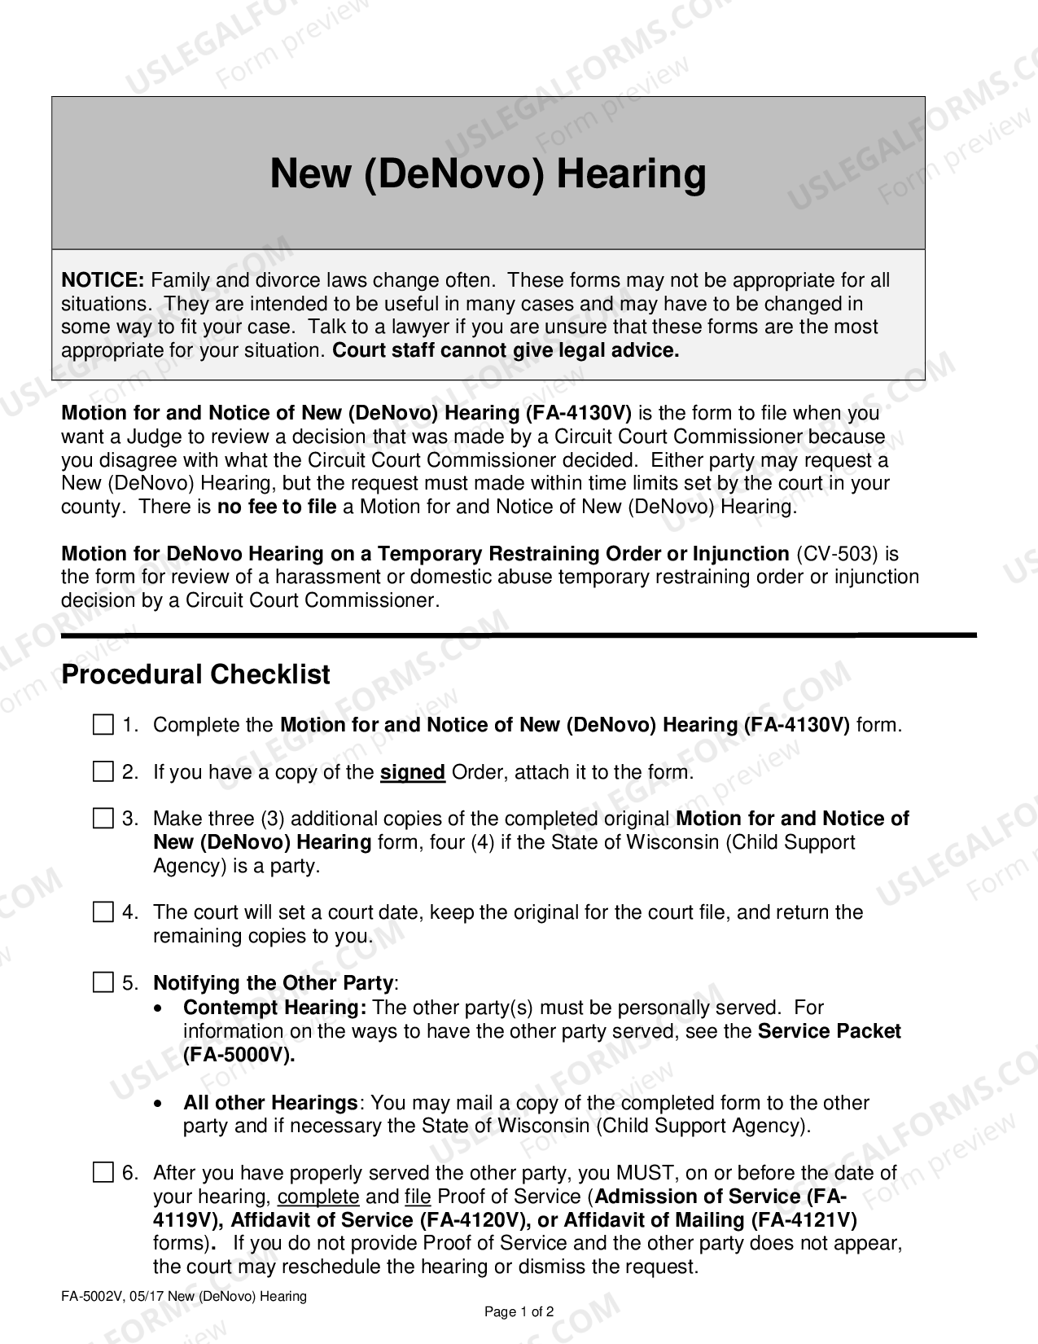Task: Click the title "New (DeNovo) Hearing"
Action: pos(488,173)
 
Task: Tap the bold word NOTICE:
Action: pos(103,280)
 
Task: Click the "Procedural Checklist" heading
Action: pos(195,674)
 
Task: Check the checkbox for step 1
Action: pos(103,725)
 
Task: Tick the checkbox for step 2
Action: pos(103,771)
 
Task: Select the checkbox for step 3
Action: pos(103,819)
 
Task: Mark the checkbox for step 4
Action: pos(103,912)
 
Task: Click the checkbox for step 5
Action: pos(103,983)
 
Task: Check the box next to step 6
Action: pos(103,1173)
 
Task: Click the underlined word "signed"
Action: pos(413,772)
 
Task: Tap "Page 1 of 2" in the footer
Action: pos(519,1311)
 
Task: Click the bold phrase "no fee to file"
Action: pos(276,507)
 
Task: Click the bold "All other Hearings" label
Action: pos(269,1103)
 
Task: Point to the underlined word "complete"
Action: pos(318,1197)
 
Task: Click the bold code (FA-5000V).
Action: pos(239,1055)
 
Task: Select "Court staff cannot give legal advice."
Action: pos(506,351)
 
